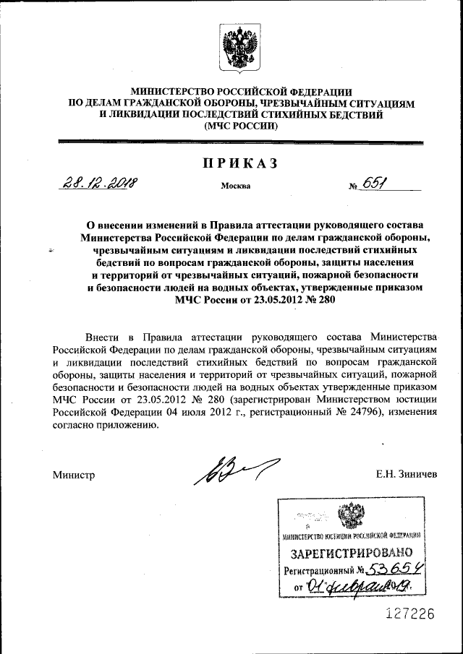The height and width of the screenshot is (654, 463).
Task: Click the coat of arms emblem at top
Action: click(240, 47)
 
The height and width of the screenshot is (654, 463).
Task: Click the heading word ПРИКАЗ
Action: click(239, 164)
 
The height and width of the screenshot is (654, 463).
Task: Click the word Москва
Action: click(236, 186)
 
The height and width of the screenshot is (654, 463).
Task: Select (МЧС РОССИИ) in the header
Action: click(240, 126)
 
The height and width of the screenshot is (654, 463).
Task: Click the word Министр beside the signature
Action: click(74, 475)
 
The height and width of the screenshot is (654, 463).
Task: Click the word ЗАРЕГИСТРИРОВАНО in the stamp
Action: click(352, 554)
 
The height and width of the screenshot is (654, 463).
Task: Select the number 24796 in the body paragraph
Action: click(345, 412)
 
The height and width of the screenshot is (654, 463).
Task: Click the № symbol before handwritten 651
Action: click(354, 186)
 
